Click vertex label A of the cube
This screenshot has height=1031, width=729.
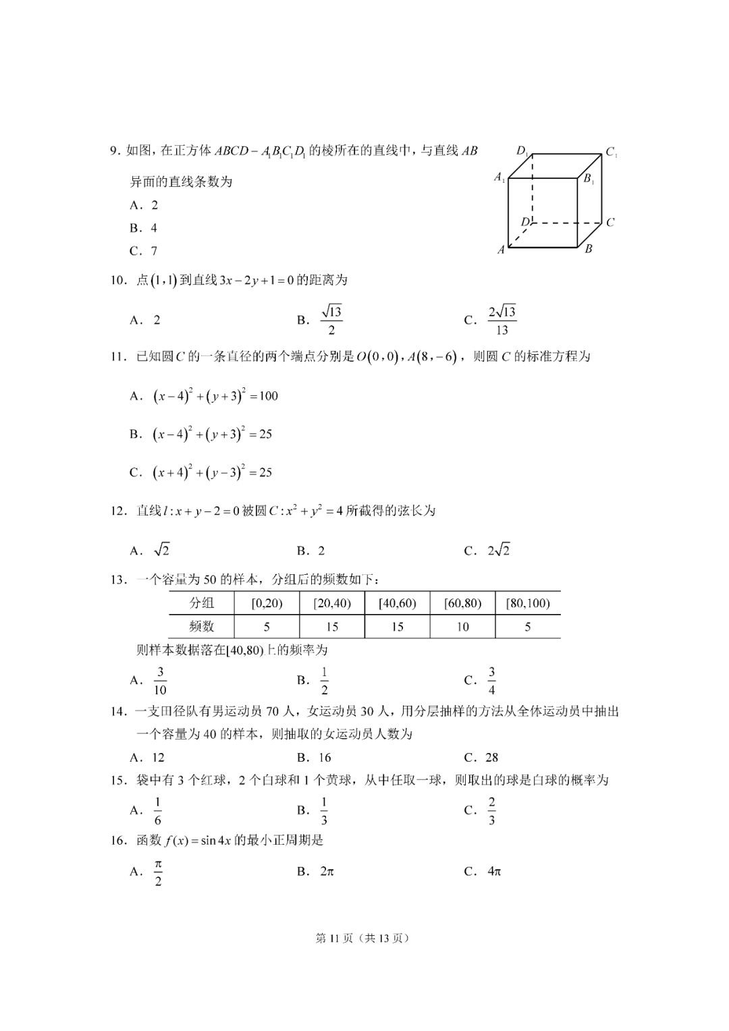(502, 250)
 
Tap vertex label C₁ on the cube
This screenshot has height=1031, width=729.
(611, 152)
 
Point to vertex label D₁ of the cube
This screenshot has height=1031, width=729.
(523, 151)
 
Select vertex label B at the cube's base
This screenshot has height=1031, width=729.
(589, 249)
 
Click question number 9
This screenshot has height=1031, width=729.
(115, 151)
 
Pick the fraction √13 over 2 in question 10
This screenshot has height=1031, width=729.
(331, 320)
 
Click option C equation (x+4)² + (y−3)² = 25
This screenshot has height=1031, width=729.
(213, 473)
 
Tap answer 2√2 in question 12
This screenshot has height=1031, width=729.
(498, 551)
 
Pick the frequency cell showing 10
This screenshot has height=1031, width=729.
(462, 627)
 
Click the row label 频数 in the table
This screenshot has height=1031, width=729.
(201, 627)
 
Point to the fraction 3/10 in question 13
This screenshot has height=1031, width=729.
(160, 681)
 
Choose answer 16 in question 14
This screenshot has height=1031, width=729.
(325, 757)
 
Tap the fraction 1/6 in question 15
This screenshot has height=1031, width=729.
(158, 811)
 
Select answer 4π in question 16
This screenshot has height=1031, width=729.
(494, 871)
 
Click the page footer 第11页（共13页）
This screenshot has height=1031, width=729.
(364, 938)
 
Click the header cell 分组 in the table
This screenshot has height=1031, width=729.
(201, 603)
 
